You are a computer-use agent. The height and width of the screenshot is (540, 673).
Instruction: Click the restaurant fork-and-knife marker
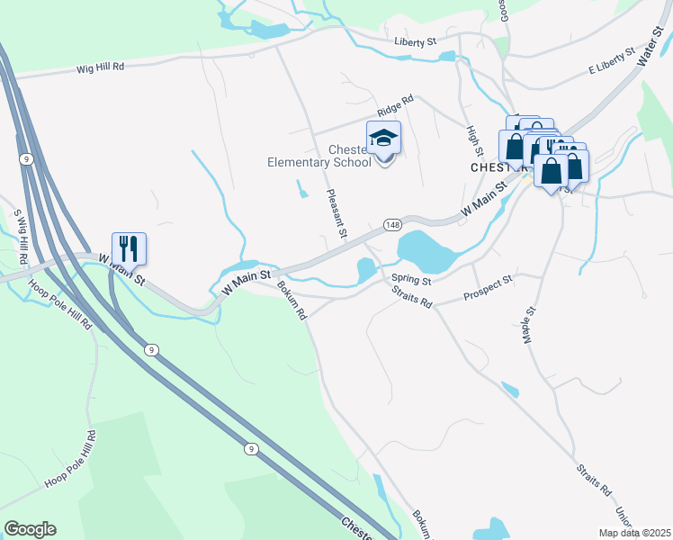click(x=129, y=247)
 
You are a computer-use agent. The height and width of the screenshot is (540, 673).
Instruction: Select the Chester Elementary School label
click(x=319, y=156)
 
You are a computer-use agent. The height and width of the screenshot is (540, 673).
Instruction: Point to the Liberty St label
click(x=415, y=41)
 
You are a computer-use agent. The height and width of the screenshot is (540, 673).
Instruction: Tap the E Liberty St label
click(x=612, y=63)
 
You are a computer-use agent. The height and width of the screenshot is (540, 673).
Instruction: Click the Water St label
click(x=649, y=46)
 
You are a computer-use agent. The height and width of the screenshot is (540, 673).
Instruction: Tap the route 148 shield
click(x=391, y=224)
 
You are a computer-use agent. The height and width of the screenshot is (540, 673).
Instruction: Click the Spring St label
click(x=412, y=280)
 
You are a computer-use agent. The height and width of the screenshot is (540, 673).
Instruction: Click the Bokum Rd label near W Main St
click(x=292, y=301)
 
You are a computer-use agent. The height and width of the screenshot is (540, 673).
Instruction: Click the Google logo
click(x=30, y=529)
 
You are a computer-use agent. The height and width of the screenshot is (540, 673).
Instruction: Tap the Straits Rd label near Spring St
click(x=413, y=297)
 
